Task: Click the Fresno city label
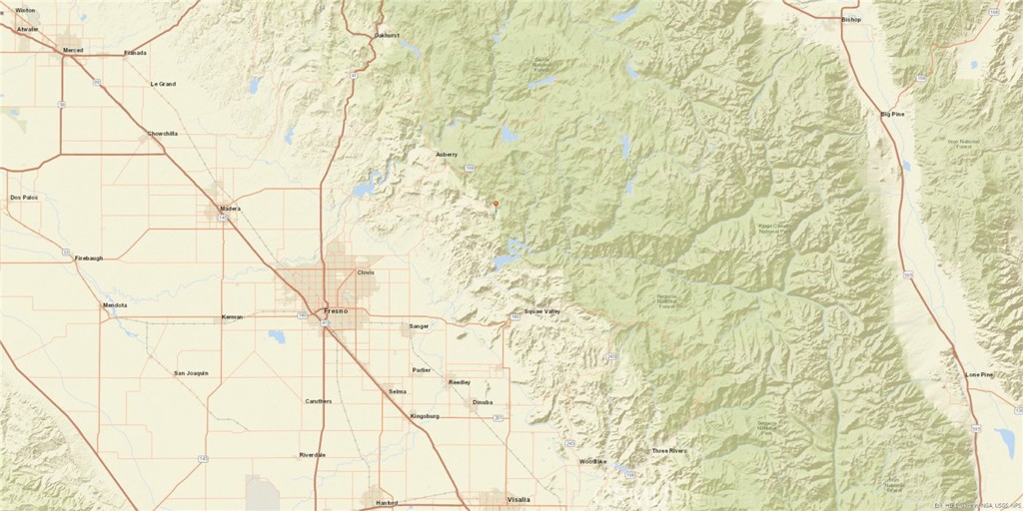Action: (335, 311)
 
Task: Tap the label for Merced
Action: (73, 49)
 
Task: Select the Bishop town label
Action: (851, 19)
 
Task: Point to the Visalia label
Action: (518, 498)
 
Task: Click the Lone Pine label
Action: (979, 374)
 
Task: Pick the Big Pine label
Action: (892, 114)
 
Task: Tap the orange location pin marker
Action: (496, 205)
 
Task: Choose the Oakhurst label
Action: (387, 35)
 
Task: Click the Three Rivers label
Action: (668, 451)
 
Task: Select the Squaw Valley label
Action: (542, 311)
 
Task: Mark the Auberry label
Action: (447, 155)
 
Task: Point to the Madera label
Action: (230, 209)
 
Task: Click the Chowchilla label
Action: (163, 133)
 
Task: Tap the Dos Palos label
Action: (24, 198)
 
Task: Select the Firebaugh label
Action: (89, 257)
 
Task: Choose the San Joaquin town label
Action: (191, 373)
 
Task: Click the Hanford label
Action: (386, 503)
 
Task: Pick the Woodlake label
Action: (593, 461)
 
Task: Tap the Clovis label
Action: (365, 272)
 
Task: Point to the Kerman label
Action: (232, 316)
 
